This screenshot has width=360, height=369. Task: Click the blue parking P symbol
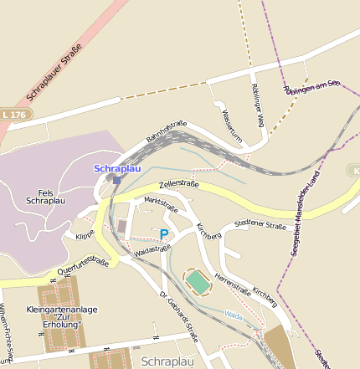click(164, 235)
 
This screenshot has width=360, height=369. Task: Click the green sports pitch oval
click(198, 282)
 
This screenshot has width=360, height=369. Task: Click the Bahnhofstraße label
click(166, 130)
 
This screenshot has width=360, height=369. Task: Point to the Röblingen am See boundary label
click(311, 88)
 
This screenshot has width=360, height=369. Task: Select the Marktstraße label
click(162, 205)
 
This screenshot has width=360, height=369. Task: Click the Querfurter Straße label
click(85, 266)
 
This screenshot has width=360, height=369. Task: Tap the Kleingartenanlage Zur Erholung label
click(69, 317)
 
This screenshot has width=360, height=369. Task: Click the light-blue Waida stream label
click(234, 316)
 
